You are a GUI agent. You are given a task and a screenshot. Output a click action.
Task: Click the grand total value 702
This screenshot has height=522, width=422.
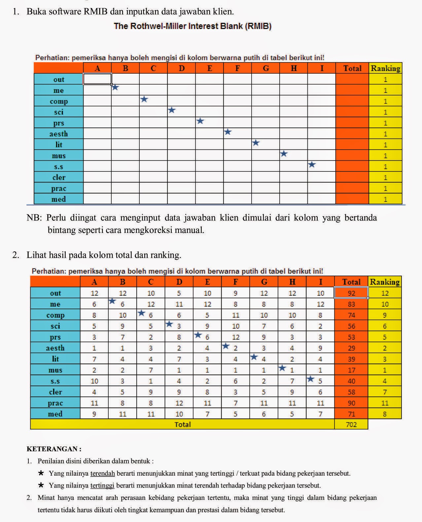(x=351, y=425)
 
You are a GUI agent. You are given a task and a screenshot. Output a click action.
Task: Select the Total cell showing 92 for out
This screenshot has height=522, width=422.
(x=351, y=293)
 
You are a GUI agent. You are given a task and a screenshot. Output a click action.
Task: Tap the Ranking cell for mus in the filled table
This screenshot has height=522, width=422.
(x=384, y=370)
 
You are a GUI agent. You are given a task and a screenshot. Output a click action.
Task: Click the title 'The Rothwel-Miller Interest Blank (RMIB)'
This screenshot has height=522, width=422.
(x=193, y=26)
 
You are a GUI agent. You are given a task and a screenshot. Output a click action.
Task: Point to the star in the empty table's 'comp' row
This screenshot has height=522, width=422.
(x=144, y=99)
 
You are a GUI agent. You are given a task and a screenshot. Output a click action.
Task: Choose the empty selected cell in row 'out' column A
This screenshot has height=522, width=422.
(x=97, y=79)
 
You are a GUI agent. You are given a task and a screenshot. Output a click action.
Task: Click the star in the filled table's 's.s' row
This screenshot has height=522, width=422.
(x=311, y=379)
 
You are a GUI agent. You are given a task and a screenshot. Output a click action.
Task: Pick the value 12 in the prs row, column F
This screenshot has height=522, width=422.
(x=235, y=337)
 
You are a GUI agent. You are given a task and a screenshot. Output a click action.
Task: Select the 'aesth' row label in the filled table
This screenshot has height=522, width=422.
(x=55, y=348)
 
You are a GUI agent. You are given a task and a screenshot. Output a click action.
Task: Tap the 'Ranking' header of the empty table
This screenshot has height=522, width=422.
(x=385, y=68)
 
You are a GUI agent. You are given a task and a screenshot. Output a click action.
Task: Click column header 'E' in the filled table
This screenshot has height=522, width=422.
(x=207, y=282)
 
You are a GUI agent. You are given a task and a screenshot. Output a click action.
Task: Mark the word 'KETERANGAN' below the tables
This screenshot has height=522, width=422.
(x=52, y=449)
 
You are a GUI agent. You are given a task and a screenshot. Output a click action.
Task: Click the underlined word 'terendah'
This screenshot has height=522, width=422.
(x=102, y=473)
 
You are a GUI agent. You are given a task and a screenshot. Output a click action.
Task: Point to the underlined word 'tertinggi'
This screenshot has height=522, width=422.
(x=102, y=485)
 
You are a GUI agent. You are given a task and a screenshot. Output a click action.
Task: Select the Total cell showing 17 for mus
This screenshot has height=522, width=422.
(x=351, y=370)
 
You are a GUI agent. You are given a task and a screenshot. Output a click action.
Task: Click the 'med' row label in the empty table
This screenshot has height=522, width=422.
(x=58, y=199)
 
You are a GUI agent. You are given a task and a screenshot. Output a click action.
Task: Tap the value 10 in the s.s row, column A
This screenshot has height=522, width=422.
(x=94, y=381)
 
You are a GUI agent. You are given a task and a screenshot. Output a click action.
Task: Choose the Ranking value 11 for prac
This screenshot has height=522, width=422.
(x=384, y=403)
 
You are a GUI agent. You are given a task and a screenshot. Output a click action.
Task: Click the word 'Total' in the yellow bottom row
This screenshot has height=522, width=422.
(x=182, y=425)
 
